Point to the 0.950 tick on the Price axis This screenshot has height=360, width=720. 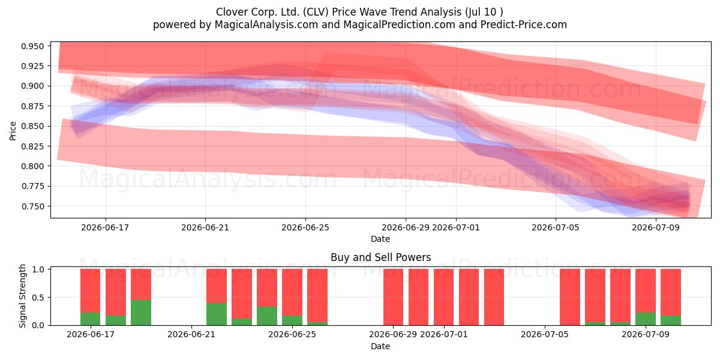(x=32, y=46)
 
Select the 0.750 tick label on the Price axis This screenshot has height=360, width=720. (x=32, y=206)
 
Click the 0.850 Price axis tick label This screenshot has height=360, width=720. (x=32, y=127)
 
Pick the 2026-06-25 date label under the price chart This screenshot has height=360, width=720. (x=305, y=227)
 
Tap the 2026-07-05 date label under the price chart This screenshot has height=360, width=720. (x=556, y=227)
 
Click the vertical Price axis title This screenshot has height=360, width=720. (x=13, y=131)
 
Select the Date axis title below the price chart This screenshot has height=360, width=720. (x=380, y=239)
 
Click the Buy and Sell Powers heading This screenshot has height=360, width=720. (x=380, y=257)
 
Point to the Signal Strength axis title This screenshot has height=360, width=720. (x=22, y=296)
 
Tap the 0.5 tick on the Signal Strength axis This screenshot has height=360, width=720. (x=38, y=298)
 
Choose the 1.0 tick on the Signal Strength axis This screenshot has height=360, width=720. (x=38, y=269)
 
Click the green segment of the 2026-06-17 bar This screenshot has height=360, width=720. (x=91, y=319)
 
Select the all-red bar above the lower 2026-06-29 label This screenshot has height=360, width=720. (x=393, y=297)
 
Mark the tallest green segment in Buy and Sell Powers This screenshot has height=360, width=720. (x=141, y=313)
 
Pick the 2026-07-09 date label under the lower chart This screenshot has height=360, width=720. (x=646, y=334)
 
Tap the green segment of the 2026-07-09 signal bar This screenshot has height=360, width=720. (x=646, y=319)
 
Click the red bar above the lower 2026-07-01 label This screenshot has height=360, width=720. (x=443, y=297)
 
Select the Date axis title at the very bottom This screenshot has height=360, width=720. (x=380, y=346)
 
